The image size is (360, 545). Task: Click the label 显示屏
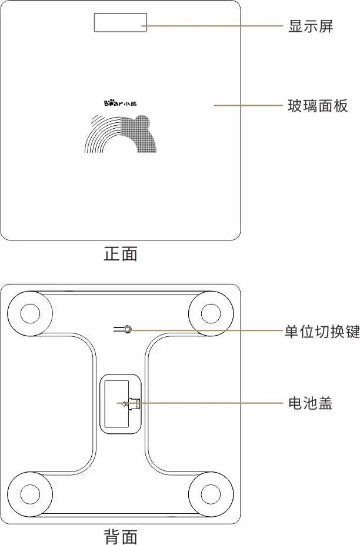311,26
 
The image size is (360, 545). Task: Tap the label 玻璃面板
318,106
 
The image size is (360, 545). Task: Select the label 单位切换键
322,332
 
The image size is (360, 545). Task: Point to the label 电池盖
311,404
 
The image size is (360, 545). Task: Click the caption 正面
121,254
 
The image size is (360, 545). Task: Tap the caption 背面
121,536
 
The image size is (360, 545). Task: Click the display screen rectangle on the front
120,22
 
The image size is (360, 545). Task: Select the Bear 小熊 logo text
120,103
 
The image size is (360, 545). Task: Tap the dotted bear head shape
139,134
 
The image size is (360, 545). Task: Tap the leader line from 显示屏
215,26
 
